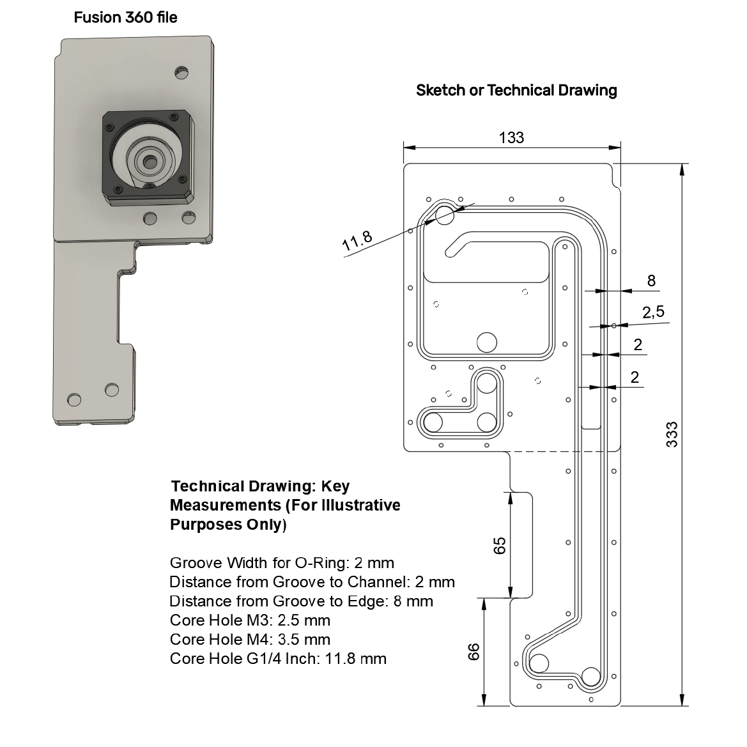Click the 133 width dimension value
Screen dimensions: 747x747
(511, 137)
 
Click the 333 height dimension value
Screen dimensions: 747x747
(672, 435)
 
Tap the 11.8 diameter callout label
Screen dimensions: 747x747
(357, 241)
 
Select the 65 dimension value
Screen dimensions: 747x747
(500, 545)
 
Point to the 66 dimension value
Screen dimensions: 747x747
(474, 652)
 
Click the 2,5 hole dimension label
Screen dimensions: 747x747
(653, 312)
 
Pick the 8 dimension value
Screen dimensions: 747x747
(651, 281)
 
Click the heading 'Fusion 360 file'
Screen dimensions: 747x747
(125, 17)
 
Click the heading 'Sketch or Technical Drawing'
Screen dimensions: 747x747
(516, 90)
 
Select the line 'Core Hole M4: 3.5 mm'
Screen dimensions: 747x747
(250, 639)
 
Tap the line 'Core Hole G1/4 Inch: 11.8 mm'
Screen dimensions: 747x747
(278, 658)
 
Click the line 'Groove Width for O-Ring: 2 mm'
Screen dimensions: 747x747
(282, 563)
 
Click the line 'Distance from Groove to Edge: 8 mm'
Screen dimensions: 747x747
(301, 601)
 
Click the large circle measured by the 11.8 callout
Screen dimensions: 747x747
(445, 215)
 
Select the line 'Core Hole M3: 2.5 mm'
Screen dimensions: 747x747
(250, 620)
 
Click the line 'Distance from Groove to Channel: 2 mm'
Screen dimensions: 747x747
(312, 582)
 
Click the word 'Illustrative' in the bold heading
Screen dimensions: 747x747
(361, 505)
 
